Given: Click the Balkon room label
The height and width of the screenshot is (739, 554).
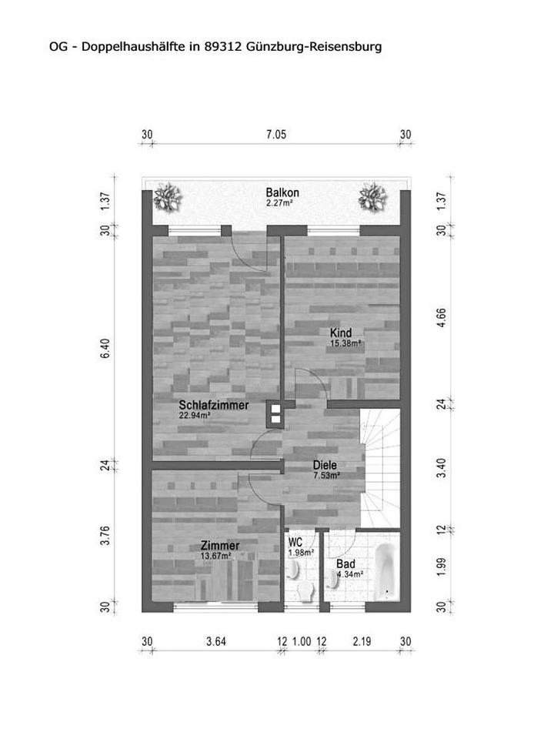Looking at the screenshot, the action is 282,192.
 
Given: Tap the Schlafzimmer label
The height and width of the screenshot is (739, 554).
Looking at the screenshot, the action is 214,405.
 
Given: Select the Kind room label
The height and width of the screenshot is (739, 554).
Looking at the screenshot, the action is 341,333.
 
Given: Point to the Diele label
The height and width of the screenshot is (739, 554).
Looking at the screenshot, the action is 325,465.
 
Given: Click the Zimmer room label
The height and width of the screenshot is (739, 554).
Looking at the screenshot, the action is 220,546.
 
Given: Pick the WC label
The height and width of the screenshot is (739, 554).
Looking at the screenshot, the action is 295,543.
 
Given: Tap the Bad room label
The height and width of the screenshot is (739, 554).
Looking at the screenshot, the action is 345,564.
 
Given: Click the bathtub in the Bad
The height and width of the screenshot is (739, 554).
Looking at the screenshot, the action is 385,572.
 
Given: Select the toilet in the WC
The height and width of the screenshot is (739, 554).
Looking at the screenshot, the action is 307,591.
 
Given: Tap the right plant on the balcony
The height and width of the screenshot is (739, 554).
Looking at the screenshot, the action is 372,197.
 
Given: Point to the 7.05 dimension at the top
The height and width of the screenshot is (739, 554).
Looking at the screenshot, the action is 276,135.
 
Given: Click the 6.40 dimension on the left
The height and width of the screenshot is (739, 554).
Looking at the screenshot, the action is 105,348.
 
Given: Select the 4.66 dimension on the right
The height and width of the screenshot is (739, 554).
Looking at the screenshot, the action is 442,318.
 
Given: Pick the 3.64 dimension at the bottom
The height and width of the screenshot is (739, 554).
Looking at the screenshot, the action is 216,641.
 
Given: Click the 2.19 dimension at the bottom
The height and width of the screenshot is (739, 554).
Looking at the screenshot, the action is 362,641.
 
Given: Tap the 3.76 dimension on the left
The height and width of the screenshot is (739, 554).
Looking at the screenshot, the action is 105,536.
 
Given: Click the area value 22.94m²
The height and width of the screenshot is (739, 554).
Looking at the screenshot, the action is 194,416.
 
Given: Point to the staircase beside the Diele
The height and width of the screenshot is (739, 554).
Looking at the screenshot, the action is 380,468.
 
